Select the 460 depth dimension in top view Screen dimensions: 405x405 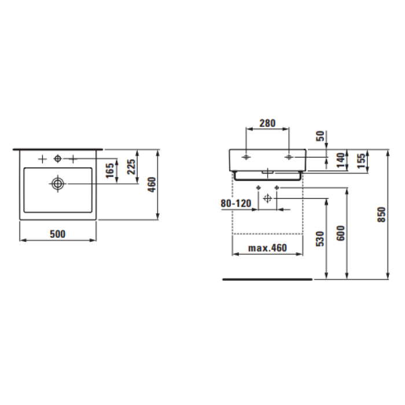tap(152, 185)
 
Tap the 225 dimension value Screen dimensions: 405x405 tap(132, 167)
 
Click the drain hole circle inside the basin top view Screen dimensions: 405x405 tap(57, 183)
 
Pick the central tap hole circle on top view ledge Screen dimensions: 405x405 tap(57, 159)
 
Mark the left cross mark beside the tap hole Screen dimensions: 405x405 tap(42, 159)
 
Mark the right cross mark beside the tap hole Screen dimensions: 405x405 tap(73, 159)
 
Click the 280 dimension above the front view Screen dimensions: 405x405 tap(267, 123)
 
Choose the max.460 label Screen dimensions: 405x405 tap(267, 248)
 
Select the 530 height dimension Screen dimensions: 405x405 tap(321, 238)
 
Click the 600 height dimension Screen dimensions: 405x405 tap(341, 233)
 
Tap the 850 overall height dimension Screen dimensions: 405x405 tap(380, 214)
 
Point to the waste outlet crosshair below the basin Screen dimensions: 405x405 tap(267, 198)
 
